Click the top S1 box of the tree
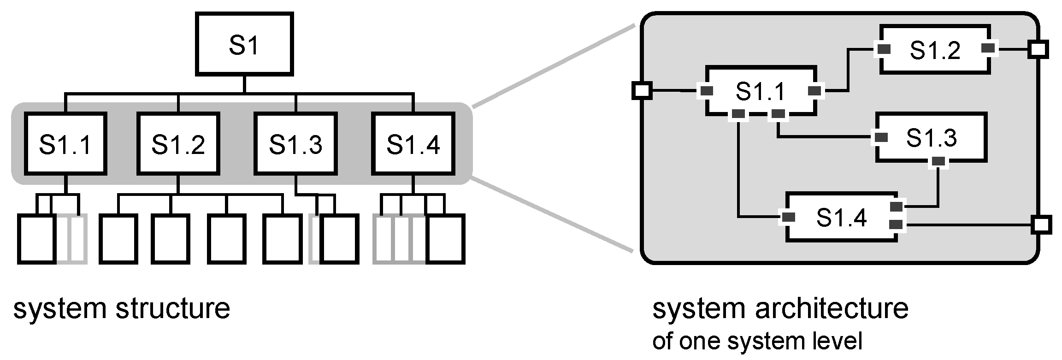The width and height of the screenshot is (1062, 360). [x=244, y=44]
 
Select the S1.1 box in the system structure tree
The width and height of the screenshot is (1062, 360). [x=65, y=143]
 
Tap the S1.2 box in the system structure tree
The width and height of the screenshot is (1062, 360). [x=178, y=143]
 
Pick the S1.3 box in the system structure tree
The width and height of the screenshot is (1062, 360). [x=295, y=143]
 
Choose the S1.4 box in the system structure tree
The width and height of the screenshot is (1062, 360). [x=413, y=143]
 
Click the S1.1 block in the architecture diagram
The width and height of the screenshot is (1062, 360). [x=761, y=91]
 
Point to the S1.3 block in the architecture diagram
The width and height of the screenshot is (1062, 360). [x=931, y=137]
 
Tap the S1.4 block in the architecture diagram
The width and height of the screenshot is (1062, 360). [x=841, y=217]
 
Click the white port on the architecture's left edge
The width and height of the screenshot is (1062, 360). [x=641, y=90]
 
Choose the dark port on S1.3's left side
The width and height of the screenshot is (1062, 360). [x=881, y=137]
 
